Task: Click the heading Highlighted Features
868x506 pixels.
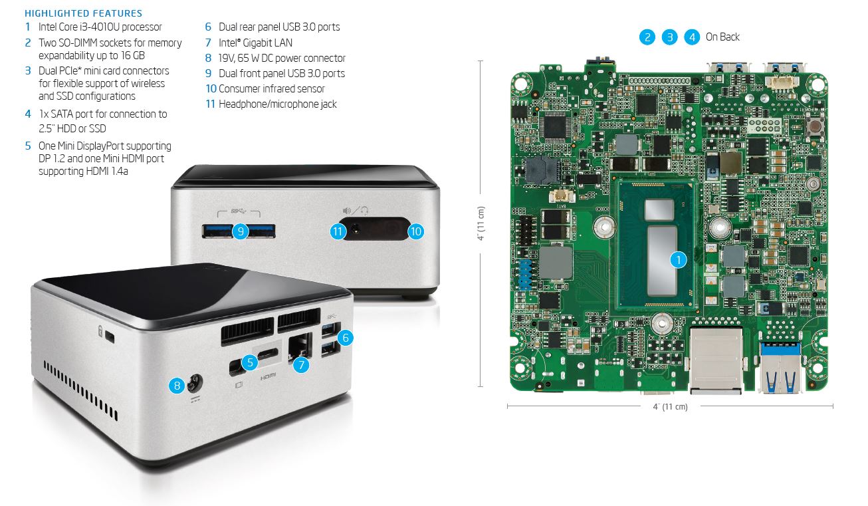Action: coord(83,13)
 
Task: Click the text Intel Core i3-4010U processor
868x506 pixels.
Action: coord(100,27)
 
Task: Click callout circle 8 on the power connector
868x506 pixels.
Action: coord(177,385)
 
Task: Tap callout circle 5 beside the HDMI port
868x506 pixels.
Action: coord(249,362)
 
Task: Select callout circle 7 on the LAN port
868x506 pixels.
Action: coord(301,364)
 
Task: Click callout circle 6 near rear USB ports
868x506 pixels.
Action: coord(344,337)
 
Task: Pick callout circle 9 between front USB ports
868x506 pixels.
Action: coord(240,231)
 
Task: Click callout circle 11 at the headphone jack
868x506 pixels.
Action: coord(339,231)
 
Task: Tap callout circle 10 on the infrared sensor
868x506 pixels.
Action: coord(415,231)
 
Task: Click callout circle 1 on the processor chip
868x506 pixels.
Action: coord(677,260)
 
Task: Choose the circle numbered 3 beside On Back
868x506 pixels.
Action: coord(669,37)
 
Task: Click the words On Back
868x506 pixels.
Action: coord(722,37)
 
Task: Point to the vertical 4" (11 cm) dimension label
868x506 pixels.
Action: coord(481,223)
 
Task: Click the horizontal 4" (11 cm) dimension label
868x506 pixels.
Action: coord(670,406)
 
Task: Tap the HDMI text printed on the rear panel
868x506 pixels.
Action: coord(268,376)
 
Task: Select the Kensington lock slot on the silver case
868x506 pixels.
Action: coord(109,337)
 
